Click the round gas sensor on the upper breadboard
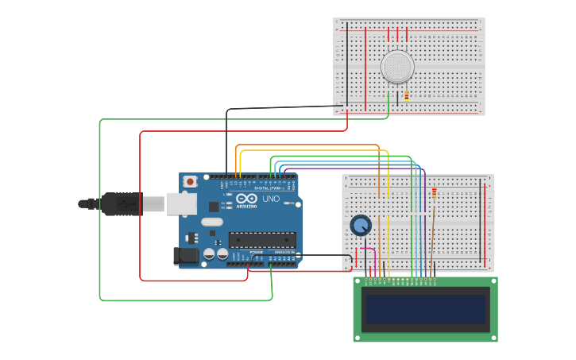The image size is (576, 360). click(x=397, y=67)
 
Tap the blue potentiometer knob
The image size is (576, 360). click(x=361, y=226)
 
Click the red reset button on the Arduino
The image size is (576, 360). click(x=190, y=182)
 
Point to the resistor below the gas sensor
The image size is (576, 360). click(x=407, y=96)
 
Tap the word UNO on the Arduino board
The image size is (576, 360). click(x=271, y=199)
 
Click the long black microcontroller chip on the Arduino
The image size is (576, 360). click(x=262, y=239)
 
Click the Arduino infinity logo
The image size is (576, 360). click(x=246, y=198)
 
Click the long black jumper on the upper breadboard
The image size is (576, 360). click(x=346, y=64)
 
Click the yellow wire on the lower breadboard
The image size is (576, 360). click(x=389, y=230)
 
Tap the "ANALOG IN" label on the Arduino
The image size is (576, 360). click(x=284, y=252)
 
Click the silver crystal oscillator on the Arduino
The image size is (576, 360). click(x=213, y=222)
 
